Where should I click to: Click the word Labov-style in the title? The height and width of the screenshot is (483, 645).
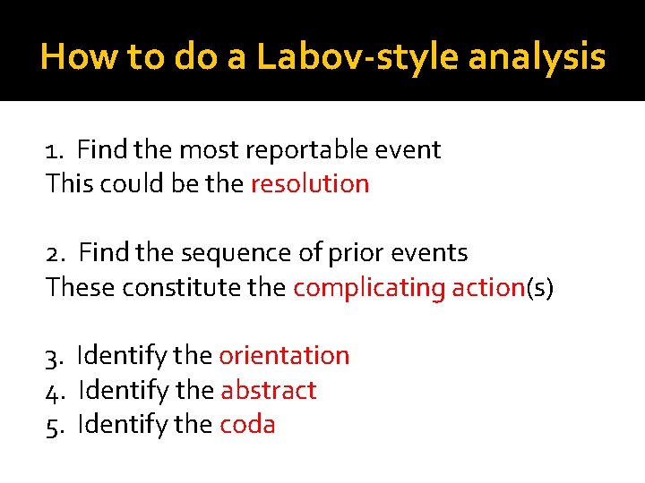point(358,57)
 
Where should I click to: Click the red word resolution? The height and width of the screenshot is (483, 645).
point(310,184)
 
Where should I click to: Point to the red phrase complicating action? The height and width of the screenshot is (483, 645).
point(408,288)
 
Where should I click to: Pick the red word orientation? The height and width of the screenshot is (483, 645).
point(284,356)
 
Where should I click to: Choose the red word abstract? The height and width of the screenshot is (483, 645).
point(268,391)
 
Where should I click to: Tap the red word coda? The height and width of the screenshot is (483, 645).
point(247,425)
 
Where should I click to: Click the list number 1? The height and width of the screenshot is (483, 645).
point(52,150)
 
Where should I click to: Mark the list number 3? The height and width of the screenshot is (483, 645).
point(53,356)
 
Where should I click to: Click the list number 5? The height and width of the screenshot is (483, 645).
point(53,425)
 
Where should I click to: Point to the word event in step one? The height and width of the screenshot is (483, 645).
point(414,150)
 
